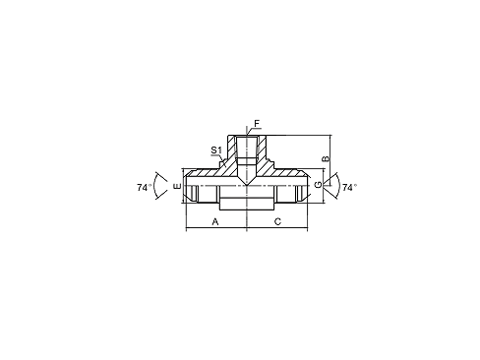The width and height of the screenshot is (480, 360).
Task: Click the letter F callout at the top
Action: pyautogui.click(x=257, y=124)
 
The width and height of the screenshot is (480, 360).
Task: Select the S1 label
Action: pyautogui.click(x=216, y=150)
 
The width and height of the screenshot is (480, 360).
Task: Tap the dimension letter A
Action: pyautogui.click(x=215, y=222)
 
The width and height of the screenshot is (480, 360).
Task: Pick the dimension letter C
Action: pyautogui.click(x=277, y=222)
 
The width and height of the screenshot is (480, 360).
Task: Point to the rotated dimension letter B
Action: pyautogui.click(x=327, y=158)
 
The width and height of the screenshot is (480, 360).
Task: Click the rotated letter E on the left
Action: pyautogui.click(x=177, y=186)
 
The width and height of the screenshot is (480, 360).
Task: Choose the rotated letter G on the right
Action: pyautogui.click(x=318, y=186)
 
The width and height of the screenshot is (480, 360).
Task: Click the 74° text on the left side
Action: pyautogui.click(x=145, y=188)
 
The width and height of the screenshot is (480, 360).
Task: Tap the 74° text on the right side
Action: pyautogui.click(x=349, y=188)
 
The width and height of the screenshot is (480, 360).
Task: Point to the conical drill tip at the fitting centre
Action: pyautogui.click(x=247, y=180)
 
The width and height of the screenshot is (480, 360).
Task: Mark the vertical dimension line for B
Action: pyautogui.click(x=330, y=160)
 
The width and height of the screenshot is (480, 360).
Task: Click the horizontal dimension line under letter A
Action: pyautogui.click(x=216, y=227)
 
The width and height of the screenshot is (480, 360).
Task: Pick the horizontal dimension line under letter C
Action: pyautogui.click(x=277, y=227)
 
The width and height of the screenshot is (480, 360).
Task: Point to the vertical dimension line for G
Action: pyautogui.click(x=324, y=186)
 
